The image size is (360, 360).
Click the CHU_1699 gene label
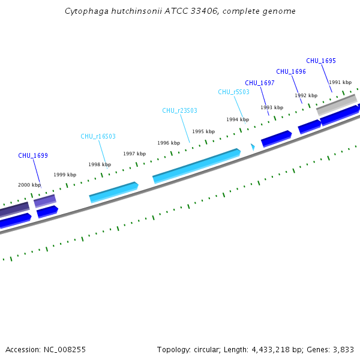point(33,155)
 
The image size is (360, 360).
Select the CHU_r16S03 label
point(98,137)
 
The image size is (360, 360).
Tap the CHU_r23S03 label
point(179,110)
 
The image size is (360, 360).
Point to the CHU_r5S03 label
point(233,92)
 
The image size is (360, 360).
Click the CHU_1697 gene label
point(260,83)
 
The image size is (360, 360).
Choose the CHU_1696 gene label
point(291,71)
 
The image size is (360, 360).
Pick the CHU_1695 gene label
point(321,61)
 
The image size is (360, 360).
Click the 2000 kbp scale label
point(29,185)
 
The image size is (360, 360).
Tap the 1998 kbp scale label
point(100,164)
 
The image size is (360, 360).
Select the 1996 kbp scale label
point(169,143)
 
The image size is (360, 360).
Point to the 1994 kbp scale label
point(238,119)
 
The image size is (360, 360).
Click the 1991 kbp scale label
point(340,82)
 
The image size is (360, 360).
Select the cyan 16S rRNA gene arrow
point(113,191)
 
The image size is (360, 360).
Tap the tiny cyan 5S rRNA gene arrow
point(253,146)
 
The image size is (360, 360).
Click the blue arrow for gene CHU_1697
point(276,138)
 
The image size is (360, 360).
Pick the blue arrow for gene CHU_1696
point(309,125)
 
